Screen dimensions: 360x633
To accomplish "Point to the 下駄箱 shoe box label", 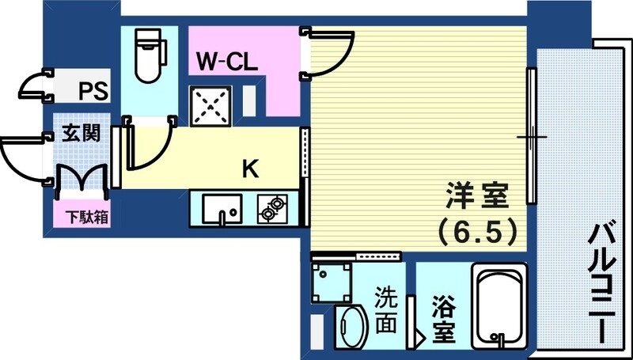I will (81, 215).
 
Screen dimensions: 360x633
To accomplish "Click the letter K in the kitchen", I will (250, 168).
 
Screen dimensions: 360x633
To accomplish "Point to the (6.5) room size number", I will (478, 232).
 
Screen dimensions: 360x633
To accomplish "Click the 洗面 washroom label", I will (387, 311).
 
